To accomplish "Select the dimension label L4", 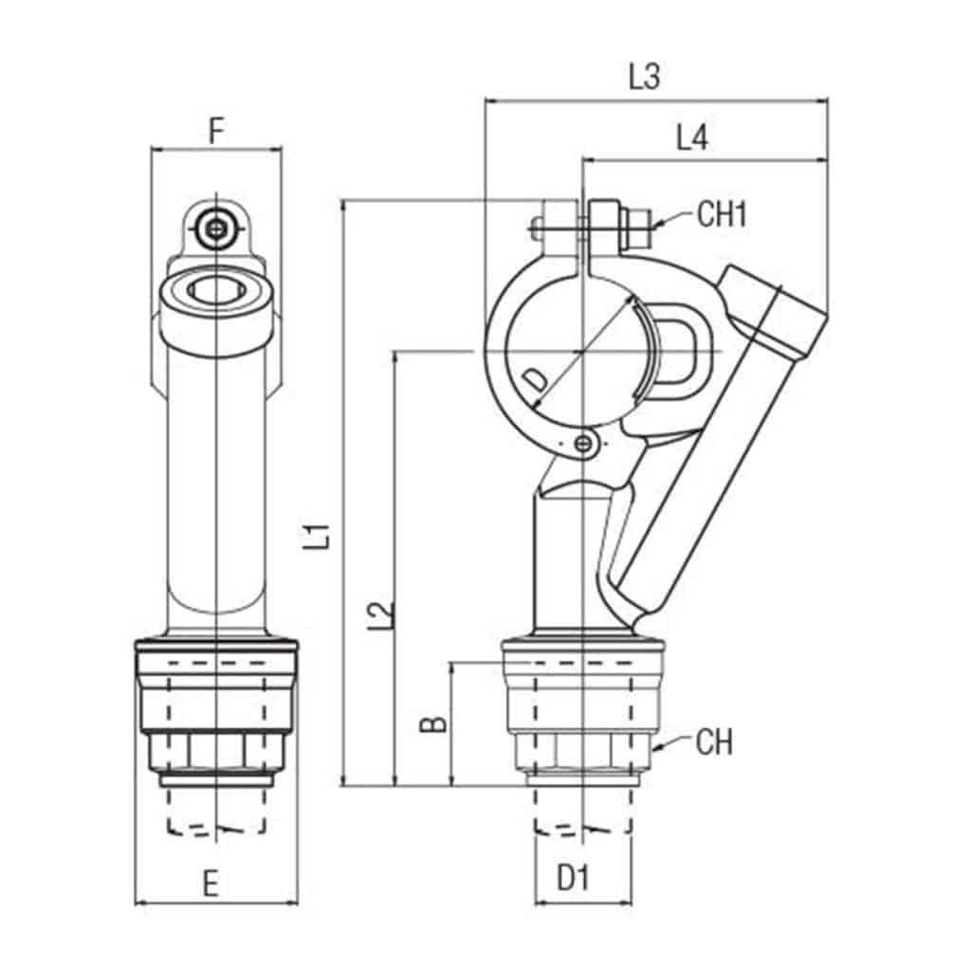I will click(x=691, y=138).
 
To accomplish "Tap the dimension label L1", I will click(x=322, y=535).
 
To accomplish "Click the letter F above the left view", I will click(x=216, y=131).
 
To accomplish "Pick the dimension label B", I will click(x=432, y=725).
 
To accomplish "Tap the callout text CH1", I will click(x=723, y=214).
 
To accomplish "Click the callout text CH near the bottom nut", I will click(x=714, y=742).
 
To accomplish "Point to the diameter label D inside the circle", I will click(x=537, y=379).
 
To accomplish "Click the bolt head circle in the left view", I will click(x=217, y=228).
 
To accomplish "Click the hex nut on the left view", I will click(x=217, y=752).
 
